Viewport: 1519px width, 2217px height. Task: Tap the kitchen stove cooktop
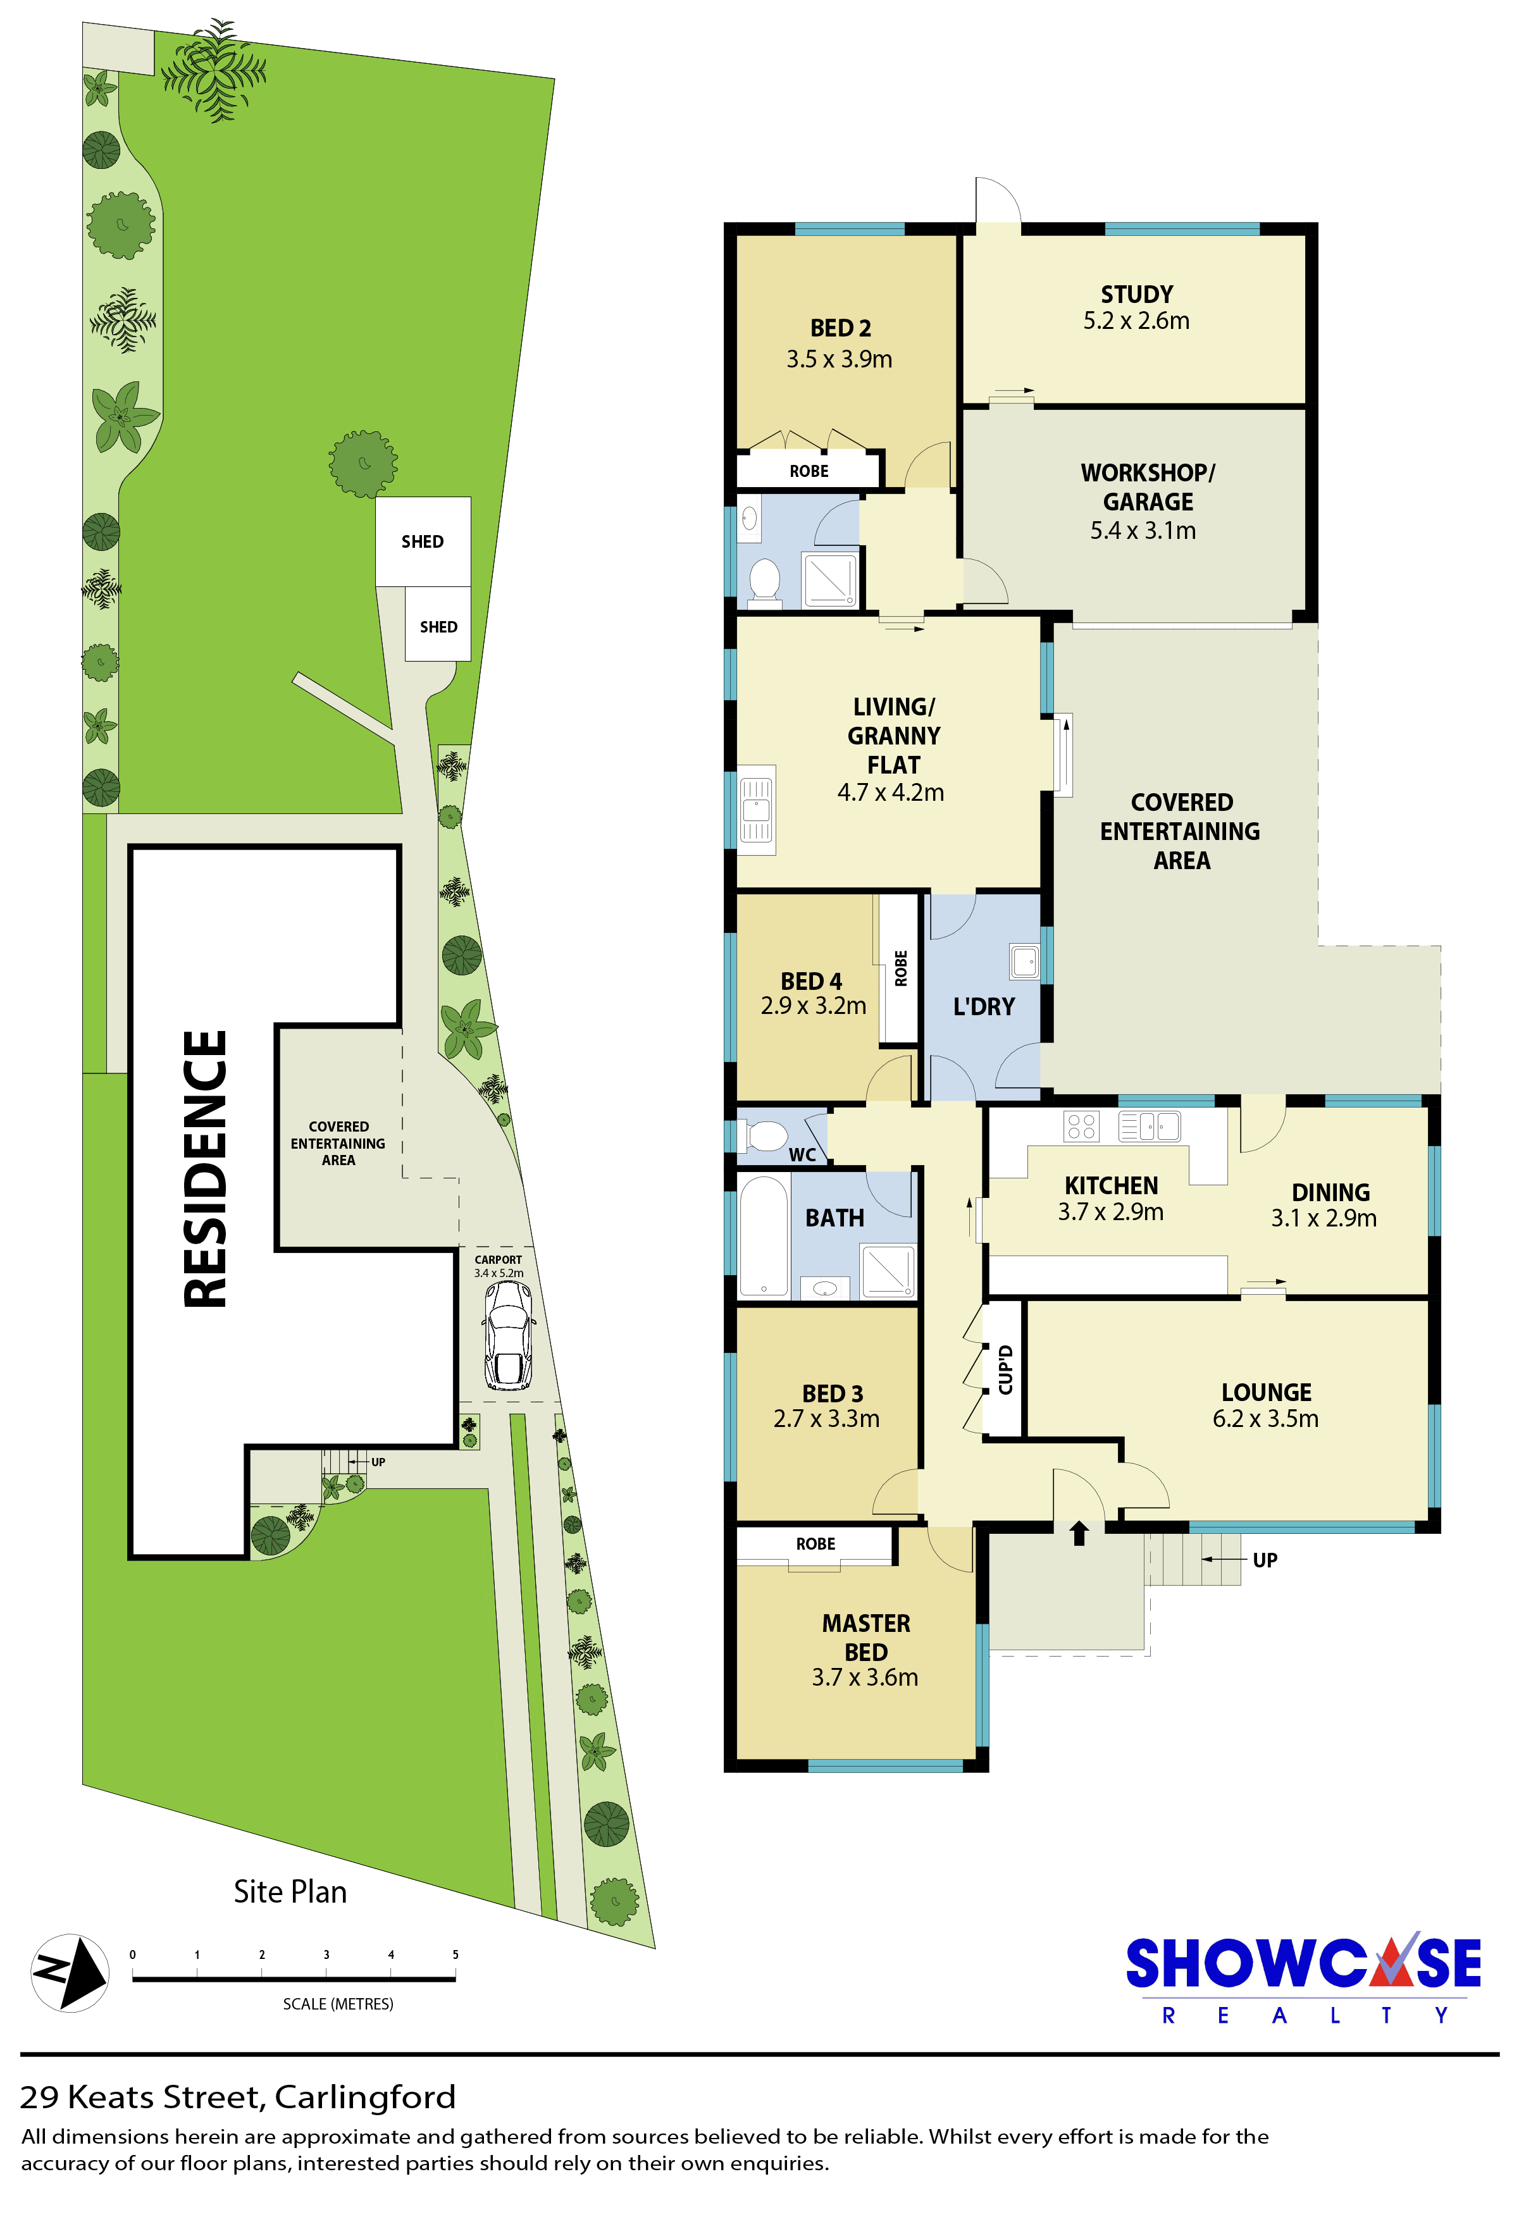click(1081, 1127)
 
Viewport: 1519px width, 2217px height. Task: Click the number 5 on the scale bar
click(455, 1955)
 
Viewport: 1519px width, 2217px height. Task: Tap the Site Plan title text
click(290, 1892)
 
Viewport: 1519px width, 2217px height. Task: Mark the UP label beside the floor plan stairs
click(1265, 1560)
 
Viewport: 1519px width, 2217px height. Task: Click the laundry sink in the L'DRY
click(1025, 961)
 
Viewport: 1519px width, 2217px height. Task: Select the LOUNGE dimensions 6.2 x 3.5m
click(1265, 1419)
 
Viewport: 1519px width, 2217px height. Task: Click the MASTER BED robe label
click(815, 1543)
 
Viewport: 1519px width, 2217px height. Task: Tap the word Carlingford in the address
click(366, 2097)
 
